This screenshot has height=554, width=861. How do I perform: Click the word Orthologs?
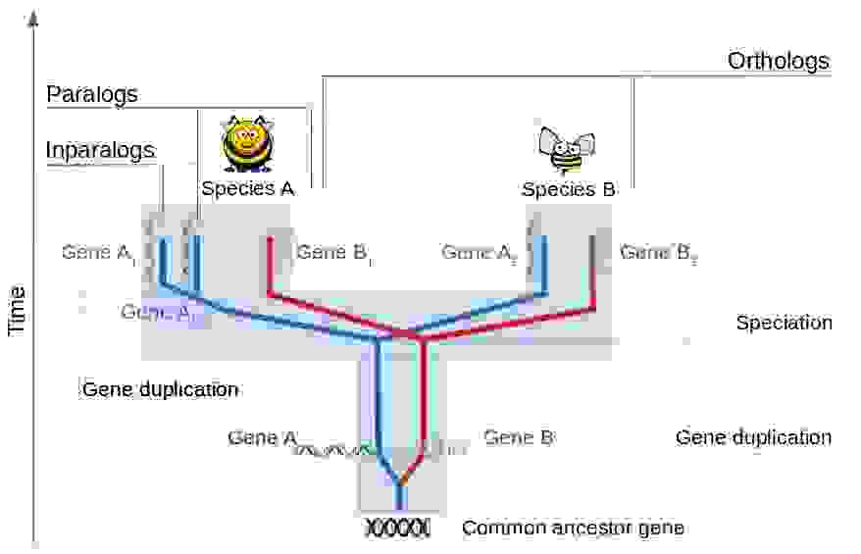click(778, 61)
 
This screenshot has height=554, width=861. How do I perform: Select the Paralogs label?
click(92, 95)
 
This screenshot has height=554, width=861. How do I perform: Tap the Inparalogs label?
click(100, 150)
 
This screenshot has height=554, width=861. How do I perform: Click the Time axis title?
click(17, 311)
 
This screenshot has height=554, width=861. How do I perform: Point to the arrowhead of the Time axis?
click(35, 14)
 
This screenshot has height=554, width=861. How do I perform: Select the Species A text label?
click(247, 188)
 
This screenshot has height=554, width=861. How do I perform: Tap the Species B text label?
click(568, 189)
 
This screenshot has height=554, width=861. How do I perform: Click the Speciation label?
click(784, 323)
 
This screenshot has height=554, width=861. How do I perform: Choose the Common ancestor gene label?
click(573, 528)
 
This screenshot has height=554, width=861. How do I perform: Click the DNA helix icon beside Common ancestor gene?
click(397, 528)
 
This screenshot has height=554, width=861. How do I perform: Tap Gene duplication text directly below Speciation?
click(753, 437)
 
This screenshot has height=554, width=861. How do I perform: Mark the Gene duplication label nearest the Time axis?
click(160, 389)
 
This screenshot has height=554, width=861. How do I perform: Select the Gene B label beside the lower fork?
click(520, 438)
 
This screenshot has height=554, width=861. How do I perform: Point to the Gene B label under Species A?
click(333, 253)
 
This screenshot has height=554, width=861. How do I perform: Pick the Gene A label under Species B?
click(479, 253)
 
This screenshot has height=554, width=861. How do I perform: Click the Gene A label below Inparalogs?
click(98, 253)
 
